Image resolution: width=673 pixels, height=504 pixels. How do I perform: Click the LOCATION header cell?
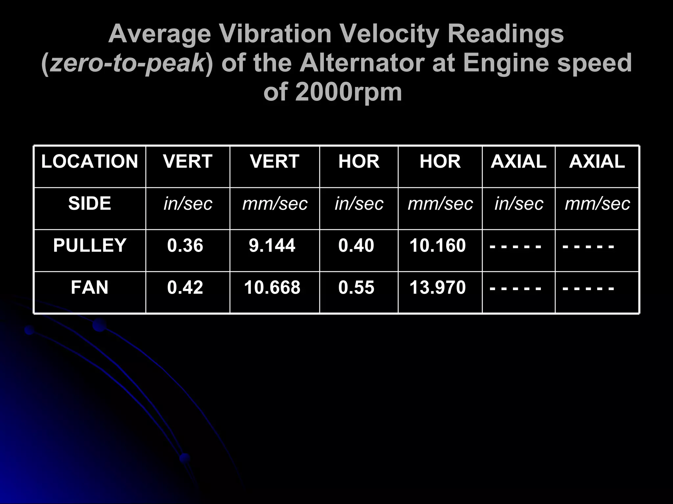click(89, 161)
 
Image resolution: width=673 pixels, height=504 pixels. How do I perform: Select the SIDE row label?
click(89, 203)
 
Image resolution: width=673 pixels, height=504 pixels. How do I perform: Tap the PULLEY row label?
click(89, 245)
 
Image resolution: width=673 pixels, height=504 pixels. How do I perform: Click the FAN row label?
click(89, 287)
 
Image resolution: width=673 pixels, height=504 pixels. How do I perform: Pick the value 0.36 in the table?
click(185, 245)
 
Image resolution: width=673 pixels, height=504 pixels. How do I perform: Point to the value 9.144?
click(272, 245)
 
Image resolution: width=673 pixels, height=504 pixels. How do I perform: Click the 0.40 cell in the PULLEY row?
click(356, 245)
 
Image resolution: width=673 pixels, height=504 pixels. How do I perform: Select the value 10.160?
click(437, 245)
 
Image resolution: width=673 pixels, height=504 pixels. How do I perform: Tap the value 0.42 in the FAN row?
click(185, 287)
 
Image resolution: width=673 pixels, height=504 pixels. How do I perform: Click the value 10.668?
click(272, 287)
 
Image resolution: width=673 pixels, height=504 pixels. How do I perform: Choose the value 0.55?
click(356, 287)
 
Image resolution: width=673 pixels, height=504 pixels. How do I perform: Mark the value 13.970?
click(437, 287)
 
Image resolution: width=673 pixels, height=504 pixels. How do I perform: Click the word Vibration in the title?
click(274, 34)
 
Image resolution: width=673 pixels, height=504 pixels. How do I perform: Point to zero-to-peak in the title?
click(128, 64)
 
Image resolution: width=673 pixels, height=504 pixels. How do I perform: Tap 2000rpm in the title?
click(349, 93)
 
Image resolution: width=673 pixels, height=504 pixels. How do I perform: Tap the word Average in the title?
click(159, 35)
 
